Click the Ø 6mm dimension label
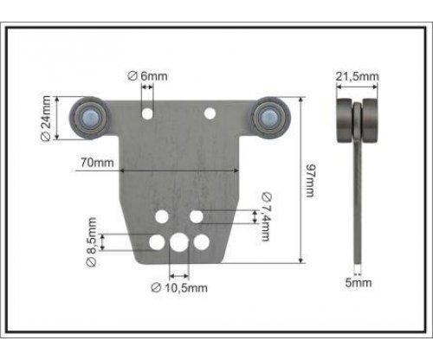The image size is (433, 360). pyautogui.click(x=147, y=76)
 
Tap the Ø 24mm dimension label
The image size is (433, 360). pyautogui.click(x=46, y=119)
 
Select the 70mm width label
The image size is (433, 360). pyautogui.click(x=97, y=163)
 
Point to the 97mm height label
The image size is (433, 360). pyautogui.click(x=311, y=181)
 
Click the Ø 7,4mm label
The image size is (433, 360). pyautogui.click(x=266, y=216)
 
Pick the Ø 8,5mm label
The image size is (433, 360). pyautogui.click(x=92, y=242)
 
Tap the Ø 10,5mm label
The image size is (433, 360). pyautogui.click(x=179, y=287)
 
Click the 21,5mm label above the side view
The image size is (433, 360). pyautogui.click(x=357, y=76)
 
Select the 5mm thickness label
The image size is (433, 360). pyautogui.click(x=359, y=283)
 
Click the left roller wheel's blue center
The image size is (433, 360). pyautogui.click(x=90, y=117)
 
